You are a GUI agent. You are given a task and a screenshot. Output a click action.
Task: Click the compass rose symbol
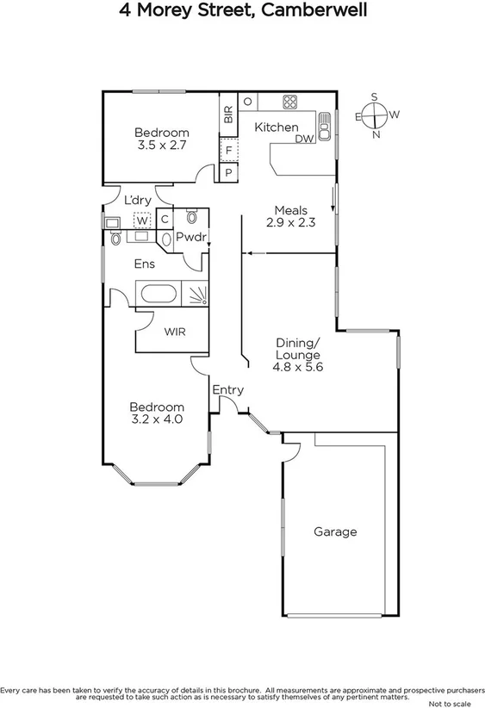[x=374, y=115]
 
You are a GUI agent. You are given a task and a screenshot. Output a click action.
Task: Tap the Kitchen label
[x=276, y=127]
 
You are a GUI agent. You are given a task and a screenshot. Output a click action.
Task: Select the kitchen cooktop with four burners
[x=289, y=101]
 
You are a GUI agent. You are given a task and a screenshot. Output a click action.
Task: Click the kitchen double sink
[x=325, y=126]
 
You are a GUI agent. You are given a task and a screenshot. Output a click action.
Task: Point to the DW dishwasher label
[x=304, y=139]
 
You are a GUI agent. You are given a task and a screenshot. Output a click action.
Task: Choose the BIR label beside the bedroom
[x=228, y=115]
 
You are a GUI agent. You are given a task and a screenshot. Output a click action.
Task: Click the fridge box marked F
[x=228, y=151]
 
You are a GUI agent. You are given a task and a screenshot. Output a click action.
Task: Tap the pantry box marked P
[x=228, y=172]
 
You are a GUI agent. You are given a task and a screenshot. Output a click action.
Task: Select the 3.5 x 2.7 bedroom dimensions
[x=162, y=146]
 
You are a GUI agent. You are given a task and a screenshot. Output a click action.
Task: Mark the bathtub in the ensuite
[x=158, y=294]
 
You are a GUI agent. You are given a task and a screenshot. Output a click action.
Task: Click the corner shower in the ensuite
[x=198, y=295]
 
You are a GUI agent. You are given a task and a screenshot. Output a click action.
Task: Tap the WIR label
[x=174, y=332]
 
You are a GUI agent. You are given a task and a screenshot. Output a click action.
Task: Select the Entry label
[x=228, y=390]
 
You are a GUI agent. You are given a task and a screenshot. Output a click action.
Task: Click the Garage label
[x=334, y=531]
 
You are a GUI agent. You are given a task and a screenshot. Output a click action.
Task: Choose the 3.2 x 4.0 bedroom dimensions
[x=157, y=419]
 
